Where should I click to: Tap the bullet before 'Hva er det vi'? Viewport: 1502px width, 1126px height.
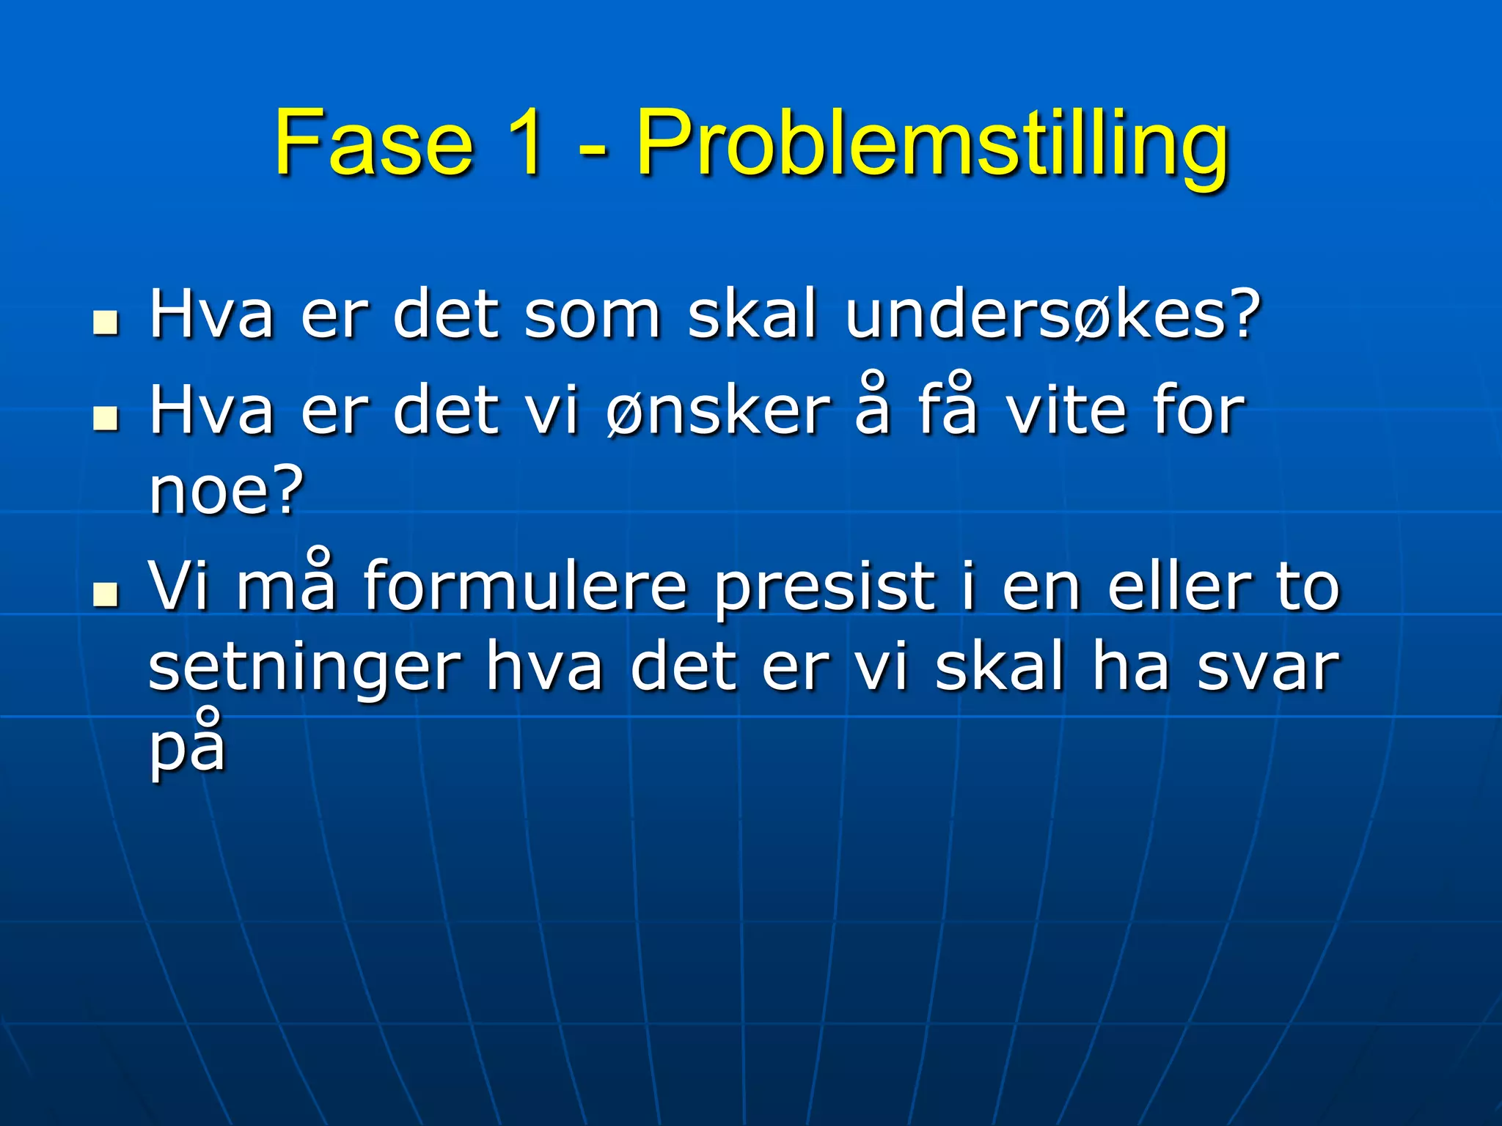(x=106, y=417)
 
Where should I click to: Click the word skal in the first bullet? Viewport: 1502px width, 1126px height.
(x=752, y=315)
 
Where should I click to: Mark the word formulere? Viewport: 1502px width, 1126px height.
(x=524, y=586)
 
